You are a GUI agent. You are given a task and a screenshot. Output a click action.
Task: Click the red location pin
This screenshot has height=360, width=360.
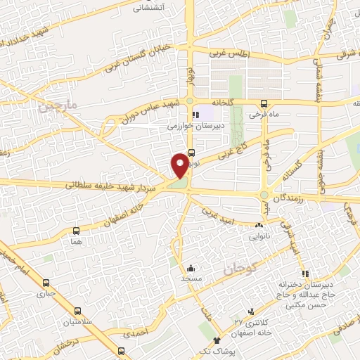click(x=180, y=165)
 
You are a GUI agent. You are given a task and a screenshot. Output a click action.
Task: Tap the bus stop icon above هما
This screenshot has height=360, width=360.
click(x=76, y=230)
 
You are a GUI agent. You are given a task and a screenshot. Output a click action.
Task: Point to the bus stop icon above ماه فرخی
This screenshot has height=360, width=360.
click(x=264, y=102)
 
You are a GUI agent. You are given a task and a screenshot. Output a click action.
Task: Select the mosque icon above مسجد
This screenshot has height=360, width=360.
click(x=191, y=268)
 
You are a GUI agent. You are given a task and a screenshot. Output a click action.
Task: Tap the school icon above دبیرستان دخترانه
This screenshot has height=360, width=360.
click(x=304, y=274)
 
